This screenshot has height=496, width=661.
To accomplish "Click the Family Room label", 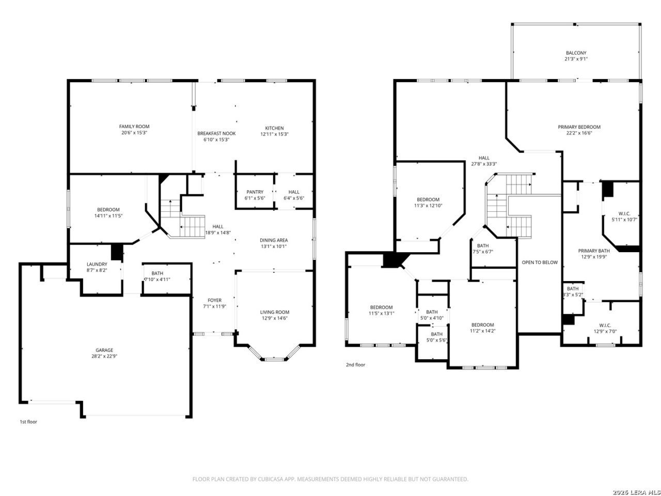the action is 134,127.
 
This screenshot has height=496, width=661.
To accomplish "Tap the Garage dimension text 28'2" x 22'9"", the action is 104,356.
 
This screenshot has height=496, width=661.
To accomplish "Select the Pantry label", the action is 255,192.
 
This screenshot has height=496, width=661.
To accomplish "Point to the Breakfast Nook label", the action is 216,133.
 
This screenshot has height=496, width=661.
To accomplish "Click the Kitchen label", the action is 274,128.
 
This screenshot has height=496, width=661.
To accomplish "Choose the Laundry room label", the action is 97,264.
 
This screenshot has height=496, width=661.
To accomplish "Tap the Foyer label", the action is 214,300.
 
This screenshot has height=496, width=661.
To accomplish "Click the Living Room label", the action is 275,312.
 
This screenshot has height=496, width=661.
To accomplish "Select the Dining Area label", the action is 273,240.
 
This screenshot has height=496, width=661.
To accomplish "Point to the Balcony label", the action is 576,53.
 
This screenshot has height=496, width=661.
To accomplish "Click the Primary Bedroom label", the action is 579,127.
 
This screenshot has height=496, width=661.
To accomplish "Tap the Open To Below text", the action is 540,262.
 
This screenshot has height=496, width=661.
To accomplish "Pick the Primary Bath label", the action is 593,251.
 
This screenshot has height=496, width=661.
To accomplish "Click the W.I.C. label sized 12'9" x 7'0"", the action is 605,326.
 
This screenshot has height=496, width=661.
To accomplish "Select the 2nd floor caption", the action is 355,365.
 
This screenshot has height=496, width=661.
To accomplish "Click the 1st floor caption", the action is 28,422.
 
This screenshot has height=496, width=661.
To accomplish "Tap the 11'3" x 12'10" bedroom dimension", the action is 428,206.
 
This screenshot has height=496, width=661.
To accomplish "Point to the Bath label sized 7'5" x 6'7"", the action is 483,246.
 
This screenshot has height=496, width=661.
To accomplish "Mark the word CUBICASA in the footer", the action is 271,479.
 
